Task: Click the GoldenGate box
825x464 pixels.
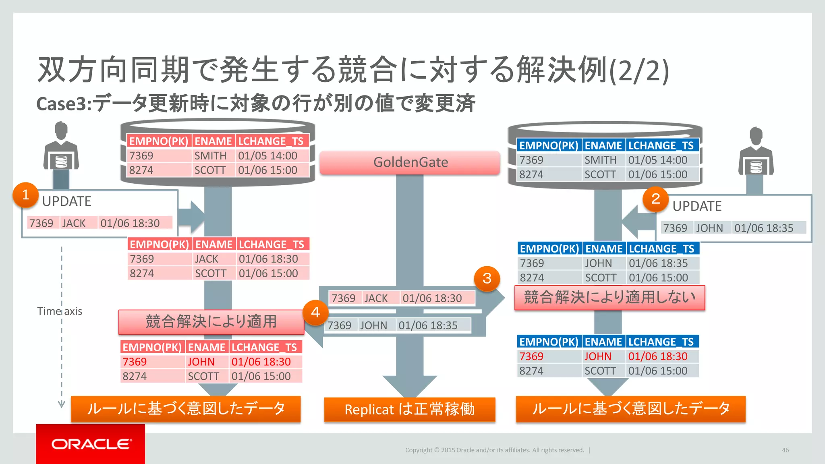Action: pos(410,162)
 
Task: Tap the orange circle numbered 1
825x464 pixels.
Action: pos(25,195)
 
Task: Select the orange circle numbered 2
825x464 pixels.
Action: pos(655,199)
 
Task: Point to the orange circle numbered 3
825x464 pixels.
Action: pos(487,278)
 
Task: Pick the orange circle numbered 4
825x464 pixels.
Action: pos(315,312)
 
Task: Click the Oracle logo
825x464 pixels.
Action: pos(91,444)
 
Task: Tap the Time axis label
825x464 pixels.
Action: pos(60,311)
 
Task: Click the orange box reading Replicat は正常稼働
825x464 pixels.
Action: pos(409,409)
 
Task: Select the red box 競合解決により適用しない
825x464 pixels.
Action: pos(609,298)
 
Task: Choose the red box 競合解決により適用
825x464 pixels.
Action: pos(211,322)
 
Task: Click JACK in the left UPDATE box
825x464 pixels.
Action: pos(74,223)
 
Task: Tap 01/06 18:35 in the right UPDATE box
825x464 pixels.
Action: pos(763,228)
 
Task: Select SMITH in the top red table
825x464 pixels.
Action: pos(210,156)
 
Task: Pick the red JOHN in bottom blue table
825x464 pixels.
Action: pos(598,356)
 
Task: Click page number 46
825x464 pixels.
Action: pos(785,450)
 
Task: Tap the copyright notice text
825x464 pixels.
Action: pos(494,450)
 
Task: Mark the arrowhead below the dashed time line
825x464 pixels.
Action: pos(62,404)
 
